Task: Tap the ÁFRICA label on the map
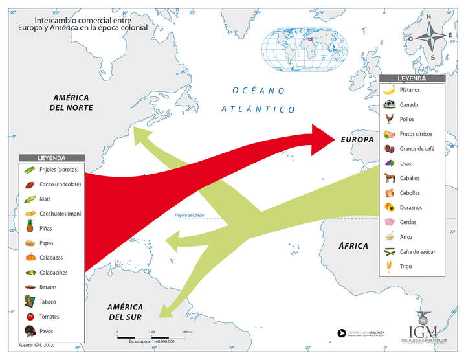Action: pyautogui.click(x=353, y=246)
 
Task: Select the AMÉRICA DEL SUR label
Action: pyautogui.click(x=124, y=311)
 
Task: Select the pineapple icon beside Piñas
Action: pyautogui.click(x=30, y=227)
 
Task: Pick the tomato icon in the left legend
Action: pyautogui.click(x=30, y=317)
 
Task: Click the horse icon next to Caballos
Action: pyautogui.click(x=389, y=177)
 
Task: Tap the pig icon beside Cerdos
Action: pyautogui.click(x=389, y=222)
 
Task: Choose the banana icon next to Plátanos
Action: pyautogui.click(x=389, y=90)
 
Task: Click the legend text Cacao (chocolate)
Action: pyautogui.click(x=62, y=185)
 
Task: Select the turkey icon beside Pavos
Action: pyautogui.click(x=30, y=332)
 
